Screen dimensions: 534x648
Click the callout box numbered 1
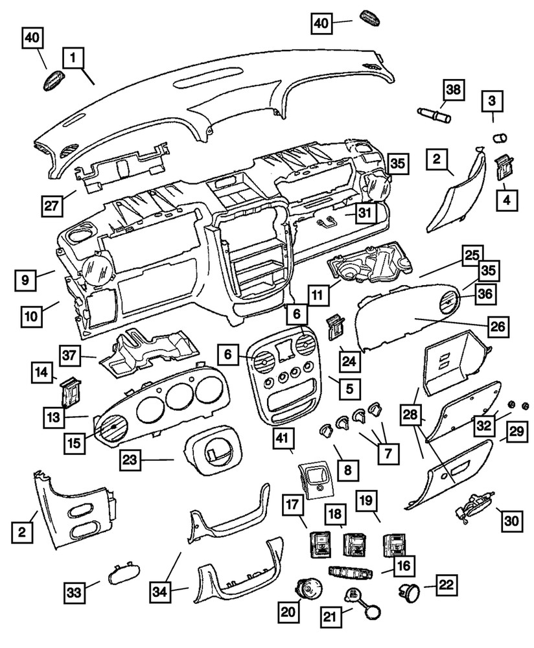[x=73, y=58]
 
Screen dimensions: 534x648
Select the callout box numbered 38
[x=454, y=90]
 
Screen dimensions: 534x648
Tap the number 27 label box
[x=52, y=205]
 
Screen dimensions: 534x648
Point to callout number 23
[x=130, y=459]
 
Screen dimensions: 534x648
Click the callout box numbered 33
[x=75, y=593]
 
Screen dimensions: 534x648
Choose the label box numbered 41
[x=283, y=439]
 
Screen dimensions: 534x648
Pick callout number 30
[x=512, y=520]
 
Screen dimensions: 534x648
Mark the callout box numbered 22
[x=447, y=584]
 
